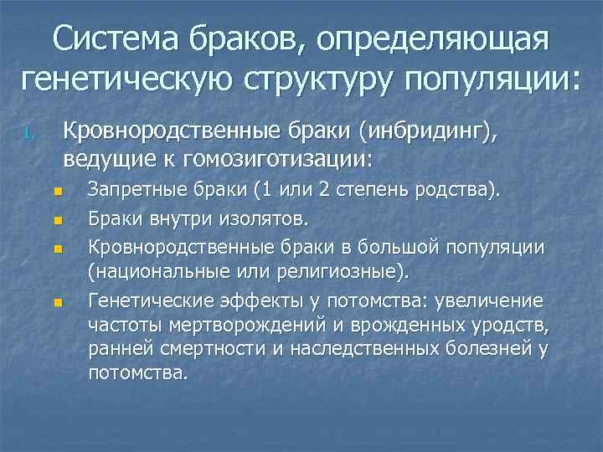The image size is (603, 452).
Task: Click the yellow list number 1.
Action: (x=28, y=134)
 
